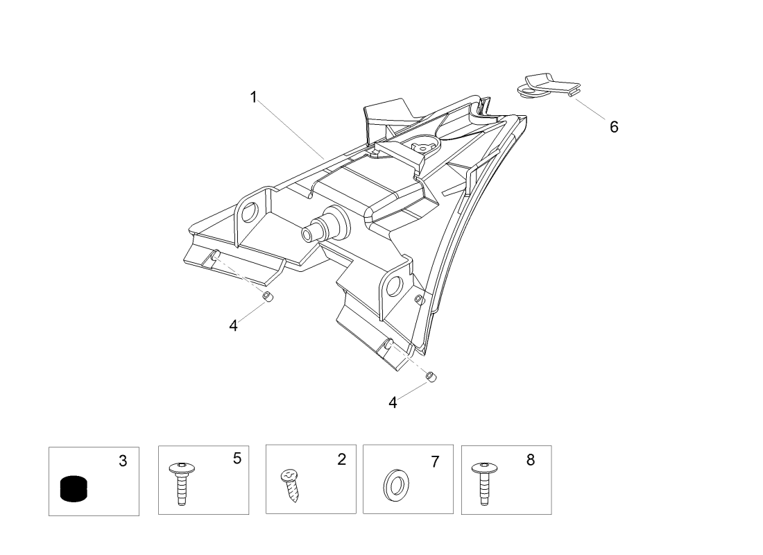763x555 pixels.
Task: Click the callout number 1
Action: (x=254, y=97)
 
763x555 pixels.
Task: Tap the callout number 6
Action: (x=614, y=127)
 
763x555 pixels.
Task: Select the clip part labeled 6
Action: (x=548, y=86)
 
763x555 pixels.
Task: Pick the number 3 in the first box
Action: (x=123, y=461)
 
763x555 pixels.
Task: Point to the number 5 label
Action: (x=237, y=458)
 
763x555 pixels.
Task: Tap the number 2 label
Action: (x=341, y=459)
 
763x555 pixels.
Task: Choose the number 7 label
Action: (x=435, y=461)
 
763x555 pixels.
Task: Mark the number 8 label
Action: (x=531, y=459)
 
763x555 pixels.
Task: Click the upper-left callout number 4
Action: (x=234, y=325)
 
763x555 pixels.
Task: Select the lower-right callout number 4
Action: (x=393, y=402)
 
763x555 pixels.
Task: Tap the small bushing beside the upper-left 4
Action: (x=268, y=298)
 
